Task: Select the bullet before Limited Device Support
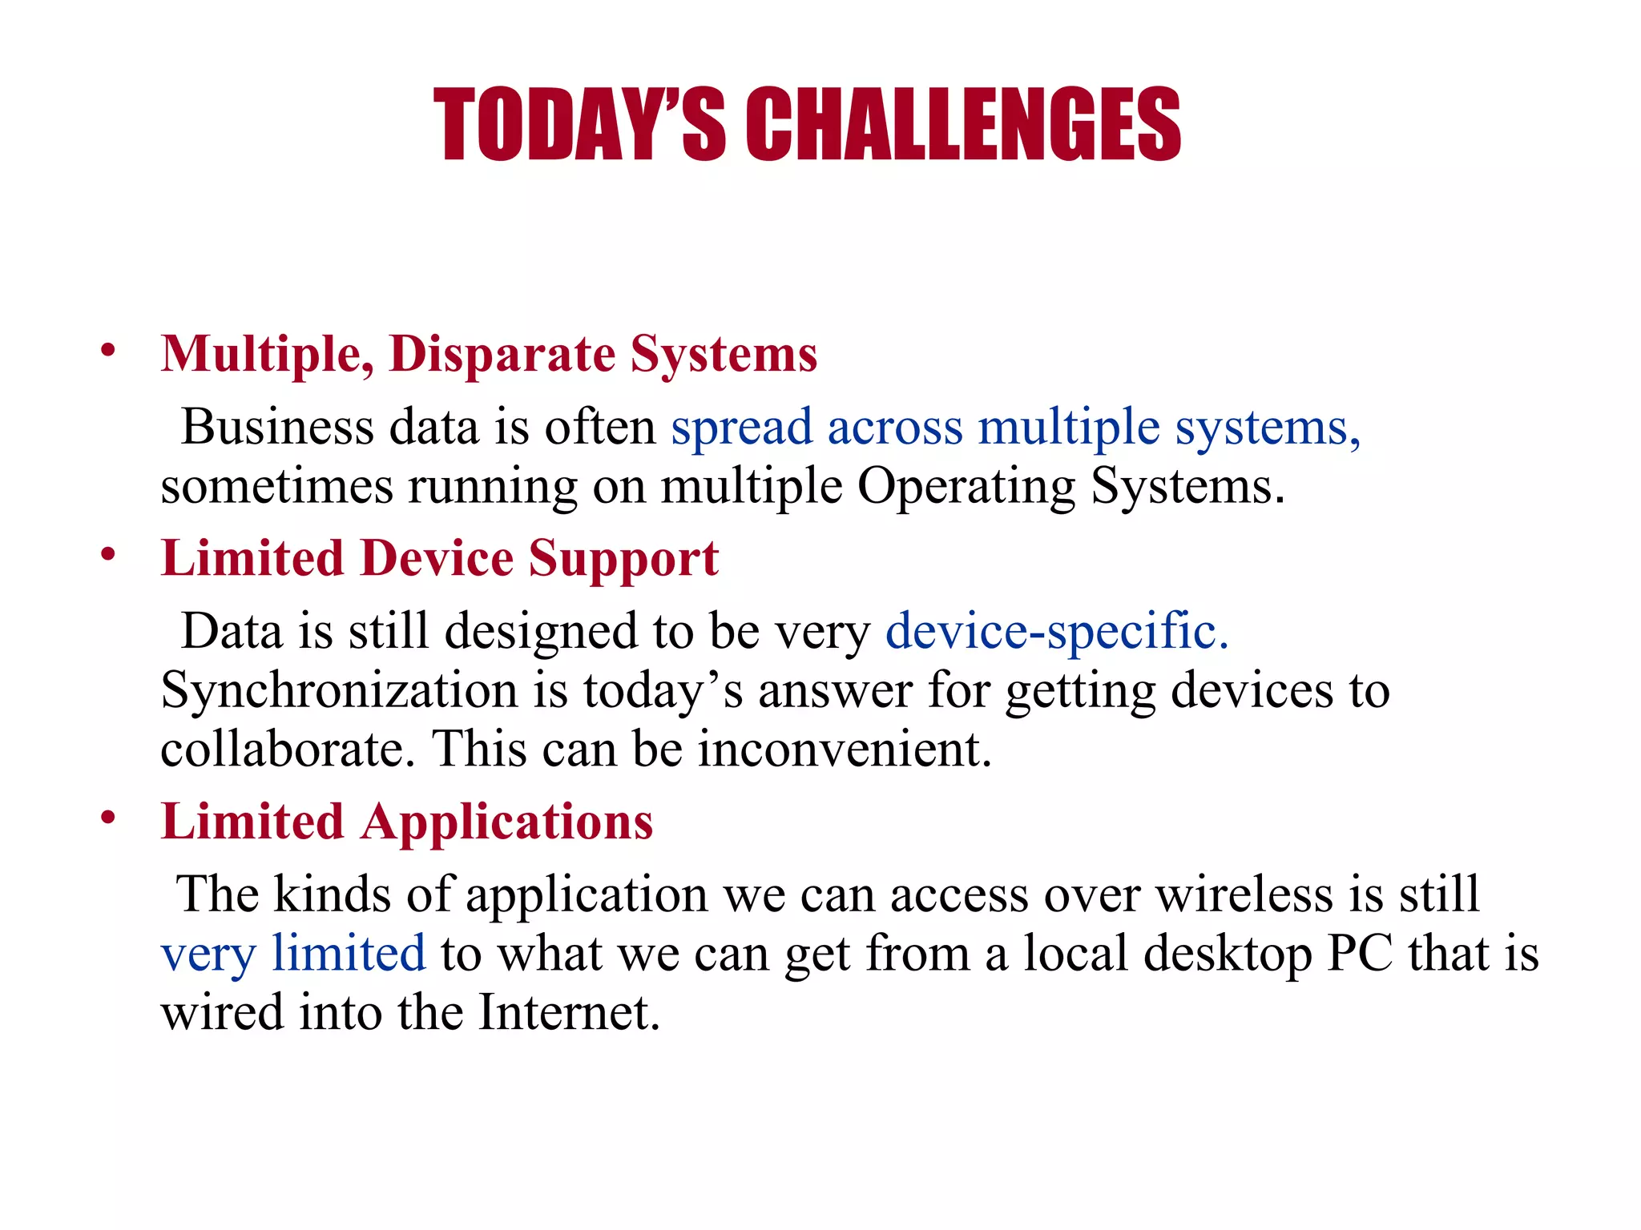108,554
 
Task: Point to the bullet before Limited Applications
108,818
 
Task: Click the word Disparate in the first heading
502,354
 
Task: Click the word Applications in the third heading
506,822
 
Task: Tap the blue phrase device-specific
1056,631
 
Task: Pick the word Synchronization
339,690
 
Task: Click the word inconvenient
845,749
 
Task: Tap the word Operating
966,487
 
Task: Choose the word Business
277,427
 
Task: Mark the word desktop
1228,955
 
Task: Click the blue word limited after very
349,953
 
